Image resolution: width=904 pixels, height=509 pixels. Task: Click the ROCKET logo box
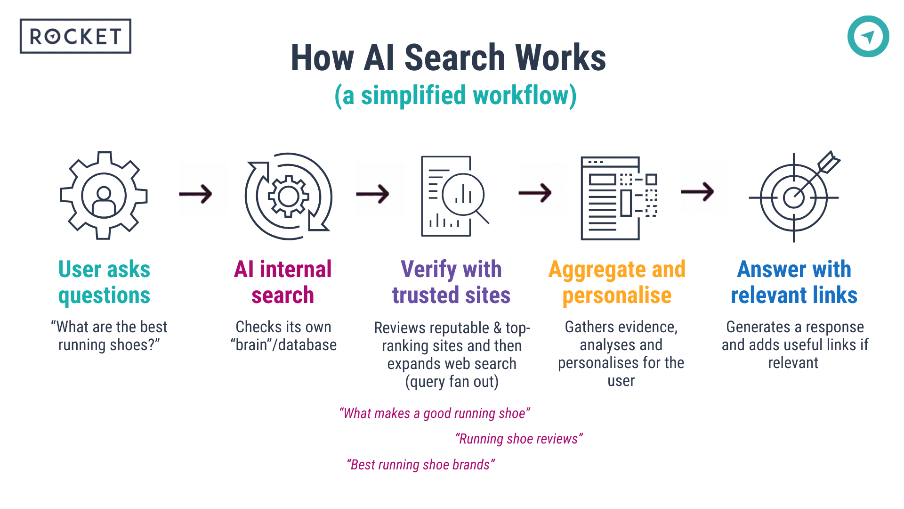[75, 36]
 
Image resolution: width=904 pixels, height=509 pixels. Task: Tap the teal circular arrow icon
[868, 36]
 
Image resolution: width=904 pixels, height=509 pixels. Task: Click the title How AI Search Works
[448, 58]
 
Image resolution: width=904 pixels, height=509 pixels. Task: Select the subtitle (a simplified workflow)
[455, 96]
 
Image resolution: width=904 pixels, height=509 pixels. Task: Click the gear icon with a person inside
[104, 196]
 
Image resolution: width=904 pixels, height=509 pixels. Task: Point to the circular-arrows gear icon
[289, 196]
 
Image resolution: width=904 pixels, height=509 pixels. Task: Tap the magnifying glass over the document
[464, 195]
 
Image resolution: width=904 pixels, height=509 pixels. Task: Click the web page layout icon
[619, 198]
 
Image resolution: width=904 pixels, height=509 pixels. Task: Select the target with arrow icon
[794, 197]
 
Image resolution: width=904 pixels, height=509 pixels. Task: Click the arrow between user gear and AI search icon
[196, 194]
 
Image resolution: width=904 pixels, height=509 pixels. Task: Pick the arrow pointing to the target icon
[698, 192]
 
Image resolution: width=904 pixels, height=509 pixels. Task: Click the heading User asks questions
[104, 282]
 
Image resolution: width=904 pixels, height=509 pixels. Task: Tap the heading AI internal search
[282, 282]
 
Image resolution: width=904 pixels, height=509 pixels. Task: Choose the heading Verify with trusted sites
[451, 282]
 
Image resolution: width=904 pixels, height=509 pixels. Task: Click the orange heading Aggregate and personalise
[617, 282]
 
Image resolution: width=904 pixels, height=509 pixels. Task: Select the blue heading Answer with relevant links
[794, 282]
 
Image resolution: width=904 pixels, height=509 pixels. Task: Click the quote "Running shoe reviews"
[519, 439]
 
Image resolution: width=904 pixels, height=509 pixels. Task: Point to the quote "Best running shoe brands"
[420, 465]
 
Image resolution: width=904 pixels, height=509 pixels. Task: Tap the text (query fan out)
[452, 381]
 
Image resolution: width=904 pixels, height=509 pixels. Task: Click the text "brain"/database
[283, 345]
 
